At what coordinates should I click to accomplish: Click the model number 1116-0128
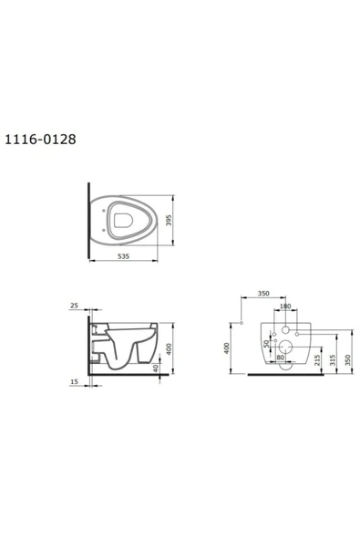[x=40, y=140]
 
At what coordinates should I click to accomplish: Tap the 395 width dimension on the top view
[x=169, y=221]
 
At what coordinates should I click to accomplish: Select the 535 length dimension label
[x=124, y=256]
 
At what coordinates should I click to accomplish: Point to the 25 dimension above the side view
[x=74, y=306]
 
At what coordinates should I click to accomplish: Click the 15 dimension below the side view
[x=74, y=381]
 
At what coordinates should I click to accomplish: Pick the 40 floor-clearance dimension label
[x=156, y=369]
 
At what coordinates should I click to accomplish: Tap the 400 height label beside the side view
[x=169, y=348]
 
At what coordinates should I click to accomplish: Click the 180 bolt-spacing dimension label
[x=285, y=306]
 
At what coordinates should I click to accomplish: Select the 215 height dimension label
[x=317, y=360]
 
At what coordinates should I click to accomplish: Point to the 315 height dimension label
[x=333, y=360]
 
